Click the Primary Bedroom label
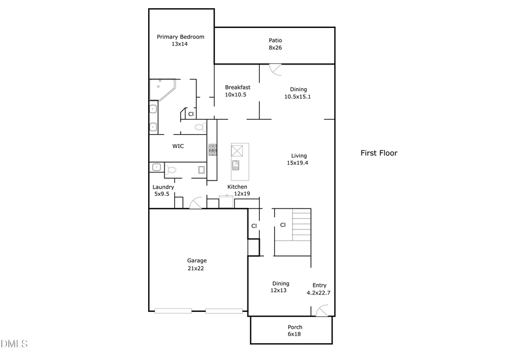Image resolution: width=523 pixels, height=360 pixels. (180, 40)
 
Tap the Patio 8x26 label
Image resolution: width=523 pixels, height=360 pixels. (275, 44)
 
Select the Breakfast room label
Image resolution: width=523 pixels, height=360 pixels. (237, 91)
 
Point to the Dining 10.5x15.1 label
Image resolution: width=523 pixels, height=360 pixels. (298, 93)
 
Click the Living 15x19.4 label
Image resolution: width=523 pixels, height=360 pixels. (299, 159)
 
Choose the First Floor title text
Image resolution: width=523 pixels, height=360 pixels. (379, 153)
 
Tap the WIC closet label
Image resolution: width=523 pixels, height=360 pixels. (178, 146)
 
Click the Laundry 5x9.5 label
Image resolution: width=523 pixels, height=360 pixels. (163, 190)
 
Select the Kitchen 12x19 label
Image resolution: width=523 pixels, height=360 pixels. (237, 190)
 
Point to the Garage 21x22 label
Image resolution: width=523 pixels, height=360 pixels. (196, 264)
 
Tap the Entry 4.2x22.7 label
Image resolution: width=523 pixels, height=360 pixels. (319, 289)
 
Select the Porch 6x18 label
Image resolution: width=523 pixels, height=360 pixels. (295, 330)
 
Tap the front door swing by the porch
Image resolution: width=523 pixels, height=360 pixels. (321, 311)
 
